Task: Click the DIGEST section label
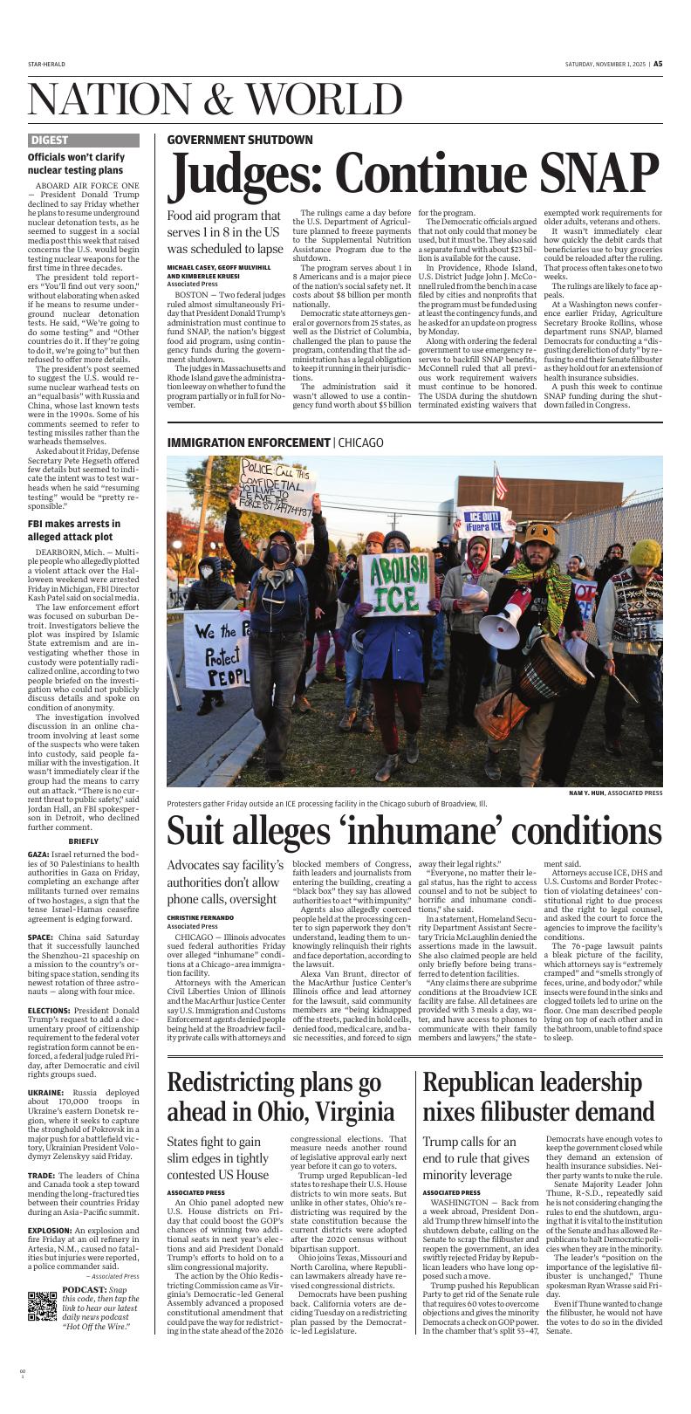[49, 140]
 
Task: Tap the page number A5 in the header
[658, 64]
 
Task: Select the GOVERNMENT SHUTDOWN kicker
[239, 140]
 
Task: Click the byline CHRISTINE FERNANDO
[201, 918]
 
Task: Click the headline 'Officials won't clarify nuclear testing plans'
[75, 163]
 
